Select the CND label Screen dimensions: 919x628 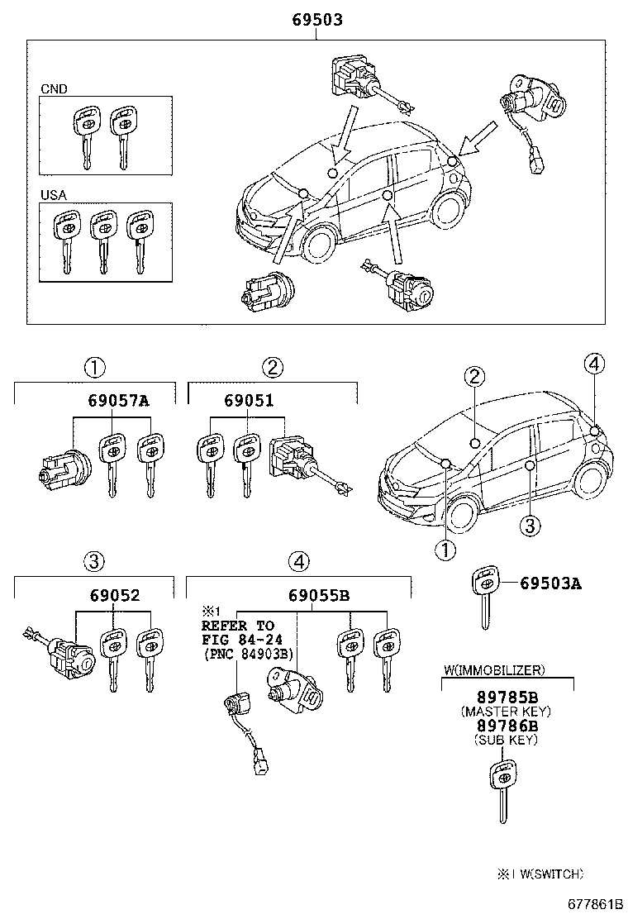[55, 88]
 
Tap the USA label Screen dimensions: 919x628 [54, 196]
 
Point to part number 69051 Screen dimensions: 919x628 [248, 401]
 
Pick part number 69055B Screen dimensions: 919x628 [319, 595]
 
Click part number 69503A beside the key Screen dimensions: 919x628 [550, 583]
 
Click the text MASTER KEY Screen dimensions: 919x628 [506, 711]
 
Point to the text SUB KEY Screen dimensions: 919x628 [506, 740]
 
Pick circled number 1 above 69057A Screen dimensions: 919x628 [94, 367]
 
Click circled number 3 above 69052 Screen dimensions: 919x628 [94, 562]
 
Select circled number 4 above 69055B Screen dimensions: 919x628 [298, 562]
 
